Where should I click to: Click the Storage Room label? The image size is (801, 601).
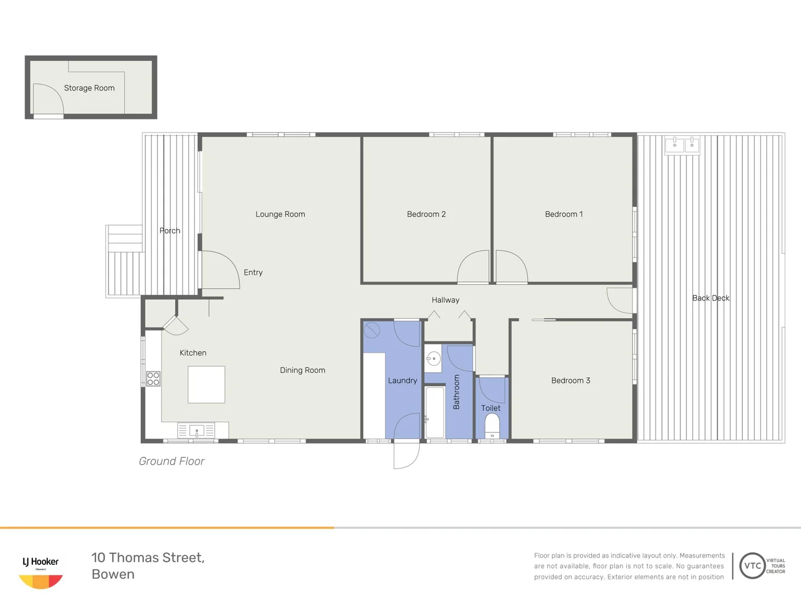[89, 88]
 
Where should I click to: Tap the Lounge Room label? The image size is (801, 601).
[280, 214]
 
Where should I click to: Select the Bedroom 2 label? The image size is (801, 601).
[426, 214]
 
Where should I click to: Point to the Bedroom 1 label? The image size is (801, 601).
[563, 214]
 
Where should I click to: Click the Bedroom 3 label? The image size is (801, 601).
[570, 381]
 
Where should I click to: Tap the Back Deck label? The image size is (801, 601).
[710, 298]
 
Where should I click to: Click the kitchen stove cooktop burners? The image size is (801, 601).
[153, 379]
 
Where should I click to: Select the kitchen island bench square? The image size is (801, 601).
[206, 385]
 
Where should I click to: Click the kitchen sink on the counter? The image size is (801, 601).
[196, 431]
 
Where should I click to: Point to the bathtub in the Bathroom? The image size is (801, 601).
[434, 412]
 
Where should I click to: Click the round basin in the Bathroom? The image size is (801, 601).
[433, 359]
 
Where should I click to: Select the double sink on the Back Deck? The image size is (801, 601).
[683, 145]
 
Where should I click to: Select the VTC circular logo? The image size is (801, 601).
[752, 566]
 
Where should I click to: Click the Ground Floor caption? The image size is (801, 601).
[171, 461]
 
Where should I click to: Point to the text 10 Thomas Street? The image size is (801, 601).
[148, 558]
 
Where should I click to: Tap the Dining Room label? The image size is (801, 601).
[302, 371]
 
